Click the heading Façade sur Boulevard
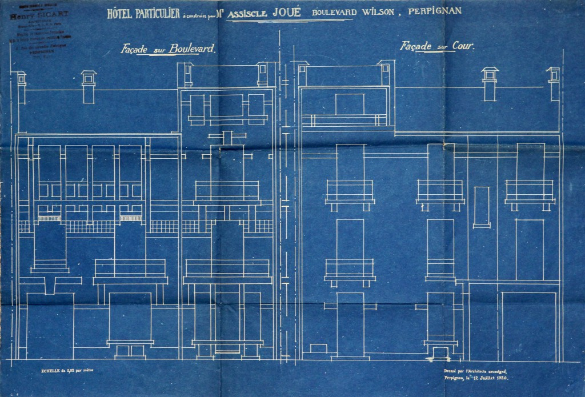(169, 49)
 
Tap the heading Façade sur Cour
(438, 46)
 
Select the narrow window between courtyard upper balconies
(482, 206)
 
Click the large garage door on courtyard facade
(528, 323)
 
